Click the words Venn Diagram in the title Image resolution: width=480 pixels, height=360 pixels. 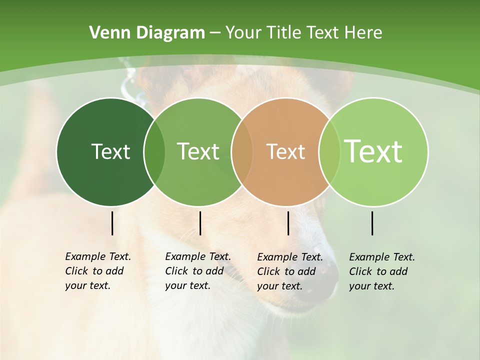click(x=147, y=32)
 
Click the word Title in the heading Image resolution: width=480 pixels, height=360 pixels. click(x=284, y=32)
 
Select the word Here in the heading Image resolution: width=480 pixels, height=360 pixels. click(x=363, y=32)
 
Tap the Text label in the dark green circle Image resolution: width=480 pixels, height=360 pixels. click(x=110, y=151)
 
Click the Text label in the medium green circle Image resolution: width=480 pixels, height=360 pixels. click(x=198, y=151)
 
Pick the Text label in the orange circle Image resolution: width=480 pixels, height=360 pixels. click(x=285, y=151)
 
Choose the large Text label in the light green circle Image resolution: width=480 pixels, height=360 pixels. click(x=373, y=151)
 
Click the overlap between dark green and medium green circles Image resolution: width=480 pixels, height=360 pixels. click(x=154, y=152)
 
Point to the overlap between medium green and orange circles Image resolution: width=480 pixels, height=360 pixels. click(x=242, y=152)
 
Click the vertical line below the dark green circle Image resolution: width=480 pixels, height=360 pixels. click(x=112, y=223)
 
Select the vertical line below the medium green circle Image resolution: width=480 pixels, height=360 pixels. click(x=200, y=223)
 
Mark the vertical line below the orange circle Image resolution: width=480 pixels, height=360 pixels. click(x=288, y=223)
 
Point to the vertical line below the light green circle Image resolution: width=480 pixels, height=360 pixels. click(x=372, y=223)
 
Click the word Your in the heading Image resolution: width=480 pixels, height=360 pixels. click(x=243, y=32)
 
